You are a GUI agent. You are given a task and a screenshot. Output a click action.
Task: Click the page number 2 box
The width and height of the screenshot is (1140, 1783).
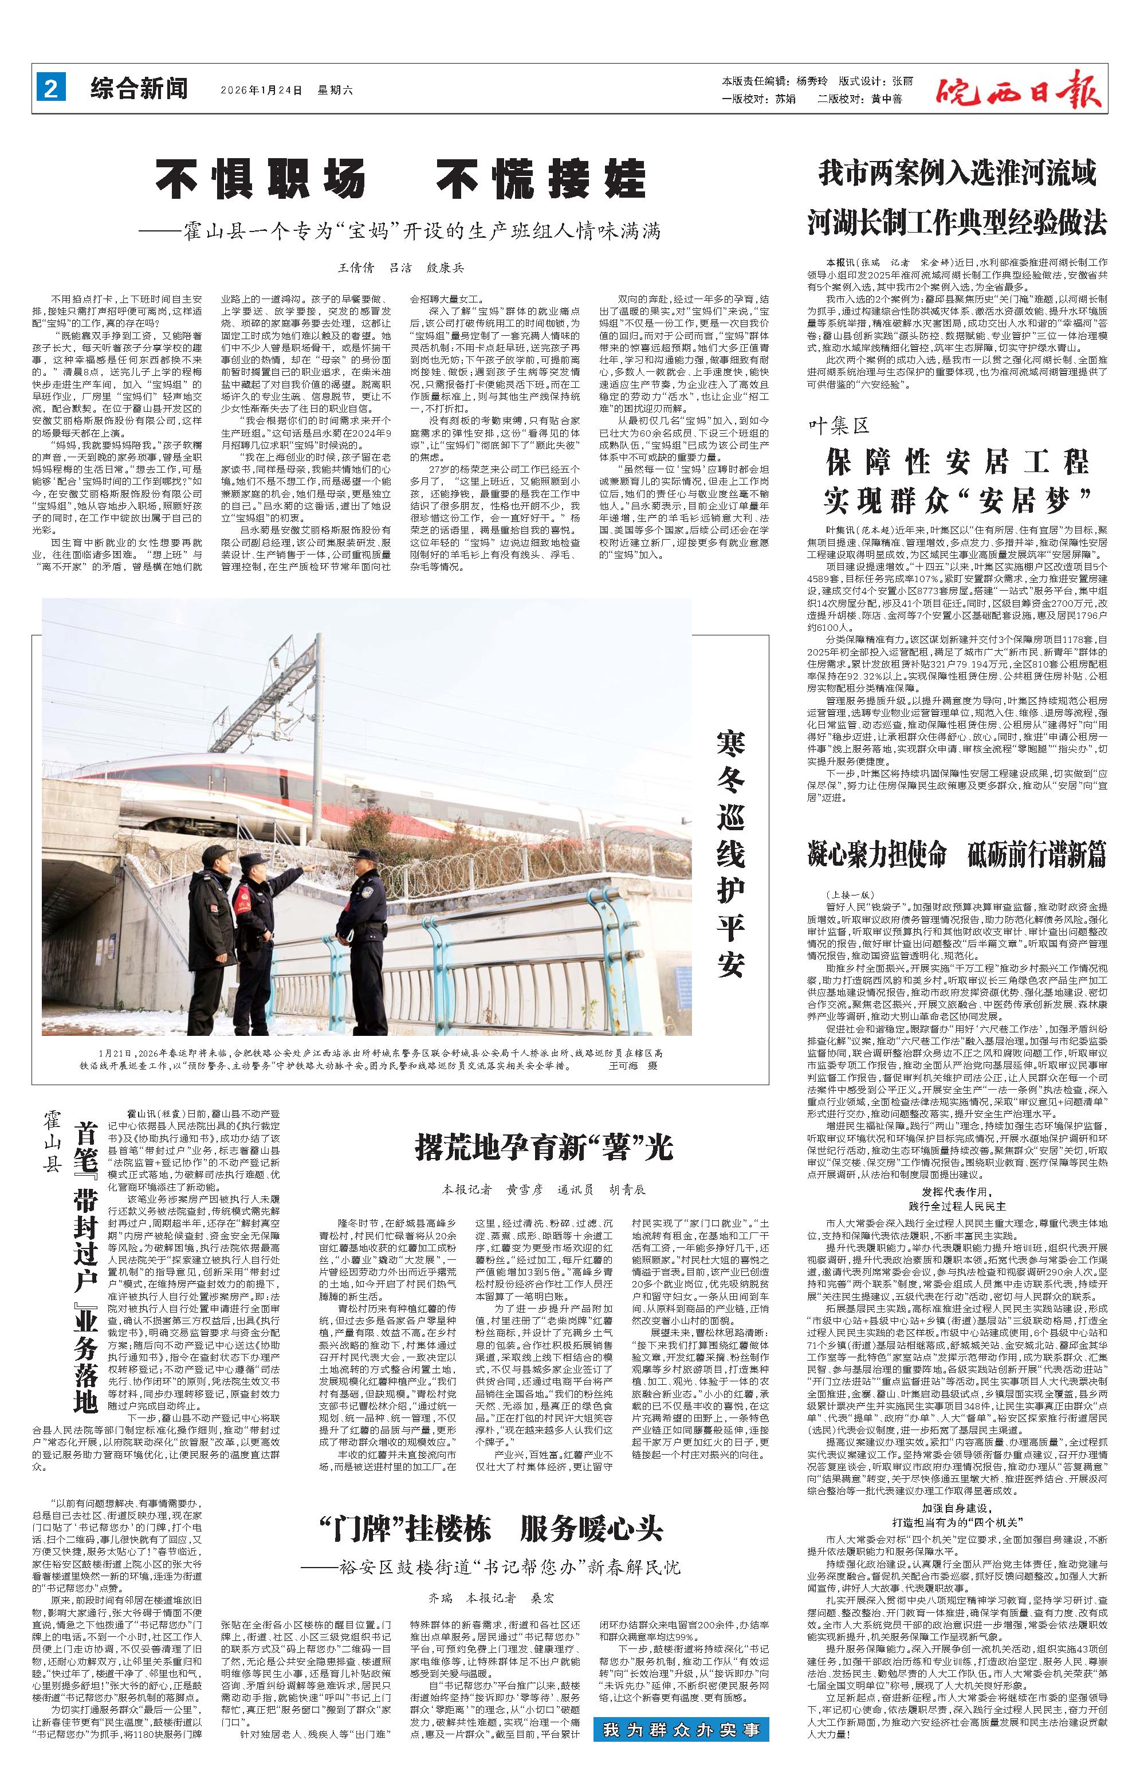pos(51,89)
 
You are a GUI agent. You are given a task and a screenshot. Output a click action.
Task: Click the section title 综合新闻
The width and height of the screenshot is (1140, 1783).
pos(139,89)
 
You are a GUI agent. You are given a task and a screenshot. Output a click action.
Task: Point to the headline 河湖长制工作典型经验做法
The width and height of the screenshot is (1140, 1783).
pos(957,221)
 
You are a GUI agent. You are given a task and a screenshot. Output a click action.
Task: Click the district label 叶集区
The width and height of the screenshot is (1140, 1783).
pos(838,426)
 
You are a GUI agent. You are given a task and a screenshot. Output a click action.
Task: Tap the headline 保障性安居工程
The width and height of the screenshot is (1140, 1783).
pos(957,463)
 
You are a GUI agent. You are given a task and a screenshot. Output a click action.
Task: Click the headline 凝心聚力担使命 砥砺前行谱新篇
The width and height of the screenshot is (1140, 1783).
pos(957,854)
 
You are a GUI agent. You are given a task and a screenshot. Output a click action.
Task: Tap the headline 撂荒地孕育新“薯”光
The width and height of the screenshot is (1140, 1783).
pos(544,1147)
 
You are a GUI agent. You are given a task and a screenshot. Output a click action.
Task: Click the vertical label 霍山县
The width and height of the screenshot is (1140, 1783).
pos(51,1140)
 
